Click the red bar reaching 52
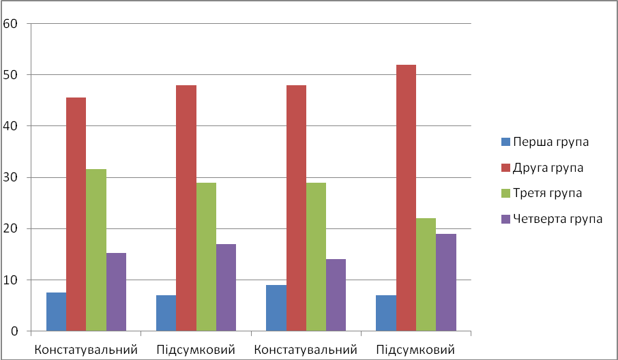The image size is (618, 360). [x=406, y=198]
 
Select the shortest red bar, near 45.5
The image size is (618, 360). [x=76, y=214]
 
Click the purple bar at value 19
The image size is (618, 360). [x=445, y=282]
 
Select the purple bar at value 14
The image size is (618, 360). [x=336, y=295]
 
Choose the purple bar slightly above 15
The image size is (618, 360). [x=116, y=292]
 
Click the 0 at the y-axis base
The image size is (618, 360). [x=13, y=331]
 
